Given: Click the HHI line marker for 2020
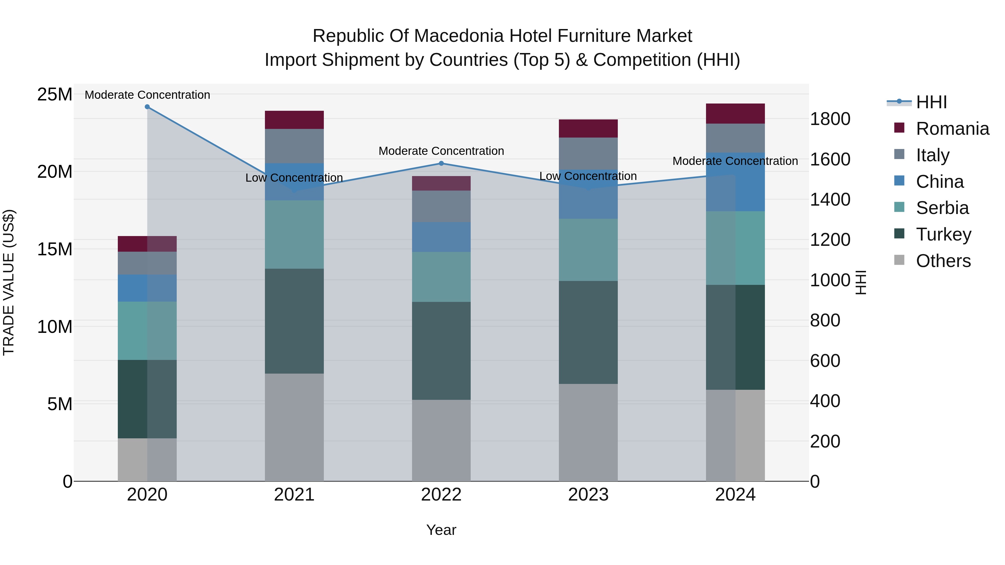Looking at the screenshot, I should pyautogui.click(x=147, y=107).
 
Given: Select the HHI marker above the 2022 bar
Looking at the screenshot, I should pyautogui.click(x=441, y=164).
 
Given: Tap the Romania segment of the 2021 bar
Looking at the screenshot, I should pyautogui.click(x=294, y=120).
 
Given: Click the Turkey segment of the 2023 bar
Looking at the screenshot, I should pyautogui.click(x=588, y=332).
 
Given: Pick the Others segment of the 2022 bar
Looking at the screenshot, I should pyautogui.click(x=441, y=440).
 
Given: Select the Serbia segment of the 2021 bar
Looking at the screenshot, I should pyautogui.click(x=294, y=234).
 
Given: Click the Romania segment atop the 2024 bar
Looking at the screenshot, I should pyautogui.click(x=735, y=114).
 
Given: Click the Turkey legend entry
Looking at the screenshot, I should pyautogui.click(x=943, y=234).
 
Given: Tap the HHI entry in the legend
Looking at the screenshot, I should pyautogui.click(x=931, y=102).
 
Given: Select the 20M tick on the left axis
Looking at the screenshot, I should pyautogui.click(x=55, y=172).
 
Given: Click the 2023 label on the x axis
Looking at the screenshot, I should pyautogui.click(x=588, y=495).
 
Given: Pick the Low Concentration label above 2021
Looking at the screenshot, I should pyautogui.click(x=294, y=178).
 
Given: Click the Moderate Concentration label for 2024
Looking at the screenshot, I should pyautogui.click(x=735, y=161).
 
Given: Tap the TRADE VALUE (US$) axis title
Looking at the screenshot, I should pyautogui.click(x=9, y=282).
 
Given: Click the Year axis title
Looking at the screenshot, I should pyautogui.click(x=441, y=530).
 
